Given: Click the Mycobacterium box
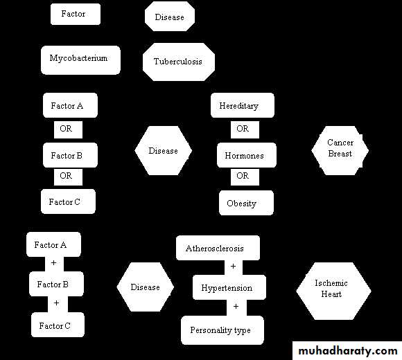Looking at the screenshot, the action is click(x=80, y=60).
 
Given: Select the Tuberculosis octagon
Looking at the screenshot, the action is click(x=178, y=62).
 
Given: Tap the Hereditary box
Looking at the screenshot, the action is click(x=243, y=105).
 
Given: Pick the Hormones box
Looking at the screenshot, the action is click(x=246, y=155).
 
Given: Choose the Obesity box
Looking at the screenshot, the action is click(x=246, y=203).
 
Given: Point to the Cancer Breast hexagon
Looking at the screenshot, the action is click(x=340, y=150).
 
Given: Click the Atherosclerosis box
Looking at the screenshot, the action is click(x=218, y=248).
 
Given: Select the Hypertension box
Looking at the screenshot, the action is click(x=229, y=287).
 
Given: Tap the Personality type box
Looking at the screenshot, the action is click(x=222, y=330).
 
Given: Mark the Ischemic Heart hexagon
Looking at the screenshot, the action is click(x=333, y=291).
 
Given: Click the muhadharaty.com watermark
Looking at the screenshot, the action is click(x=348, y=351).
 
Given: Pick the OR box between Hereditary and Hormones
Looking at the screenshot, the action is click(x=245, y=129).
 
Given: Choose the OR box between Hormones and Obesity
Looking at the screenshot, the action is click(x=245, y=177).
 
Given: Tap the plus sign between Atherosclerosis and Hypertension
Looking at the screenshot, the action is click(x=233, y=267).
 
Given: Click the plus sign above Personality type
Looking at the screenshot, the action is click(x=236, y=306).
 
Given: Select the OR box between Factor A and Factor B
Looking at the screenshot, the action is click(x=68, y=129).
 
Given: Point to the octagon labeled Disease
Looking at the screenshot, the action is click(x=170, y=16).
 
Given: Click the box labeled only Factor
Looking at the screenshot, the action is click(x=76, y=14).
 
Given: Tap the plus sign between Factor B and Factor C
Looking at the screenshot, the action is click(x=56, y=303).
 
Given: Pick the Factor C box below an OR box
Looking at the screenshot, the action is click(x=68, y=201).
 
